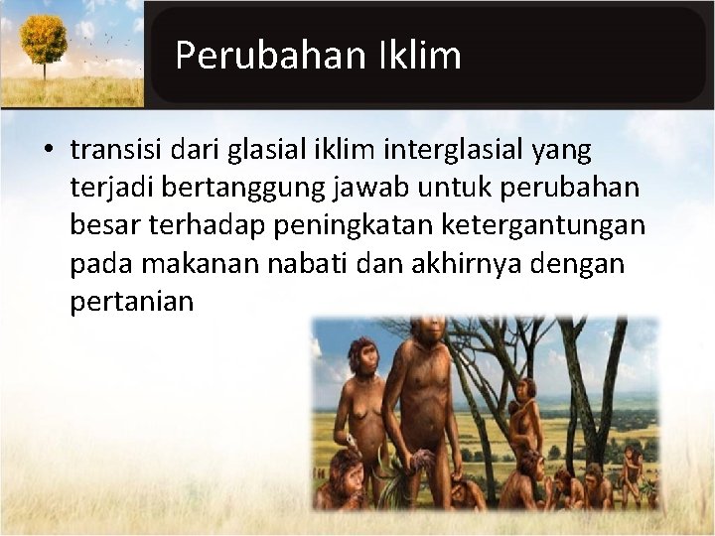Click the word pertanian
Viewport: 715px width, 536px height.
[x=131, y=302]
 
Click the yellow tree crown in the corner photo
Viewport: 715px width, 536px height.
[x=44, y=38]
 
